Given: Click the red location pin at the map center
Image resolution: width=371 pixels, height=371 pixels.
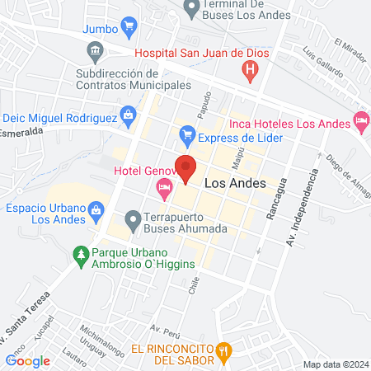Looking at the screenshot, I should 185,167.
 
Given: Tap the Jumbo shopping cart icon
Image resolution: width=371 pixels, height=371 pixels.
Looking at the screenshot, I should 128,28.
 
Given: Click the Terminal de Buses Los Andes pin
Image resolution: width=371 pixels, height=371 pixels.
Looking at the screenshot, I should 192,9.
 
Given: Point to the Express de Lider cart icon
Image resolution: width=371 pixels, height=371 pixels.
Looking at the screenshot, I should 187,134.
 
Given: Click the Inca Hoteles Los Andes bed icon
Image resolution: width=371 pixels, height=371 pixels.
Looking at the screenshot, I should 361,122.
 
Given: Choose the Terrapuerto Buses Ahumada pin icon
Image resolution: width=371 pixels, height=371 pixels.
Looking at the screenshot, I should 132,220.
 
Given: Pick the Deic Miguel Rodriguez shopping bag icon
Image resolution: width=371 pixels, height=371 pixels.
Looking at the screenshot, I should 129,116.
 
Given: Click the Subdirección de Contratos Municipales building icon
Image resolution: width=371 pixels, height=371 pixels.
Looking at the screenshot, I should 96,53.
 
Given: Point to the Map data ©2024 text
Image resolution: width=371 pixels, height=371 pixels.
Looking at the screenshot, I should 334,364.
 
